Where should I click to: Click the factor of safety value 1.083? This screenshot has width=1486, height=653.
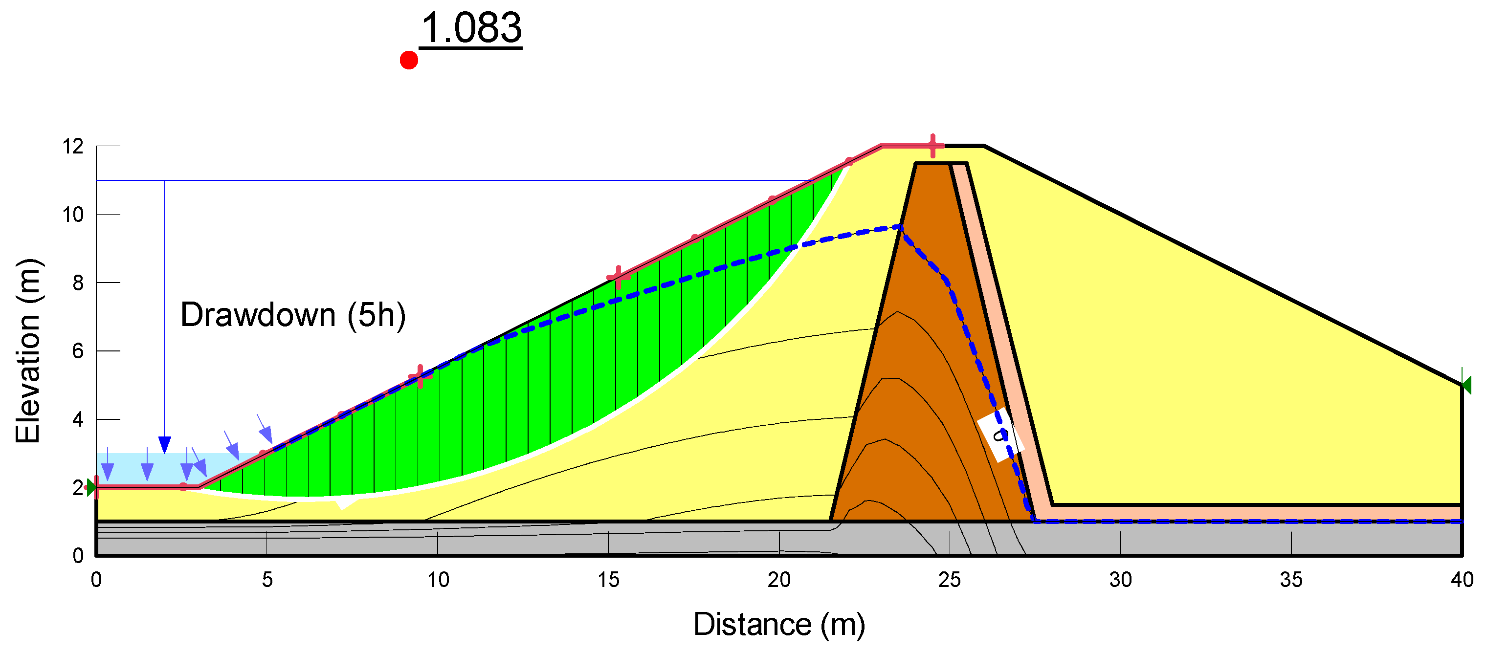pyautogui.click(x=471, y=28)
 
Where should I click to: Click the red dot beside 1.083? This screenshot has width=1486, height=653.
pyautogui.click(x=408, y=60)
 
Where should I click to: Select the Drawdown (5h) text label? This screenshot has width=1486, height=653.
pyautogui.click(x=293, y=315)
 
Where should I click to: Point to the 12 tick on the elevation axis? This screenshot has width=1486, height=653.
pyautogui.click(x=73, y=147)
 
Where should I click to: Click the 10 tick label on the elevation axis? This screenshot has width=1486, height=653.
pyautogui.click(x=73, y=215)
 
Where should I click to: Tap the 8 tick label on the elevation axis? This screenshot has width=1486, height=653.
pyautogui.click(x=78, y=283)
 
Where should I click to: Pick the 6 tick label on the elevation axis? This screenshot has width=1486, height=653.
pyautogui.click(x=78, y=351)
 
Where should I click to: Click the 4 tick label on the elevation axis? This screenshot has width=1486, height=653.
pyautogui.click(x=78, y=419)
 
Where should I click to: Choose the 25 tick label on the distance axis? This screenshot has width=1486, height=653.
pyautogui.click(x=950, y=580)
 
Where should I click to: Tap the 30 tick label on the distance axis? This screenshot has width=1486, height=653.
pyautogui.click(x=1120, y=580)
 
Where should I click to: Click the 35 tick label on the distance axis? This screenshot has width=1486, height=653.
pyautogui.click(x=1291, y=580)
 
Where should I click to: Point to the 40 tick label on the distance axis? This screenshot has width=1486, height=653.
pyautogui.click(x=1462, y=580)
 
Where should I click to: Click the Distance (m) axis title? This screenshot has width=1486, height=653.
pyautogui.click(x=779, y=625)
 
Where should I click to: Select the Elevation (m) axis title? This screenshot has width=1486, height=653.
pyautogui.click(x=28, y=351)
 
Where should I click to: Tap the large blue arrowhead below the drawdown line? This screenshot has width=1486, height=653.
pyautogui.click(x=164, y=445)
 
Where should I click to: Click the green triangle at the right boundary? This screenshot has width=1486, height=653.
pyautogui.click(x=1466, y=385)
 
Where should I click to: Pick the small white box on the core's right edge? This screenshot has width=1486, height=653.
pyautogui.click(x=1000, y=435)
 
